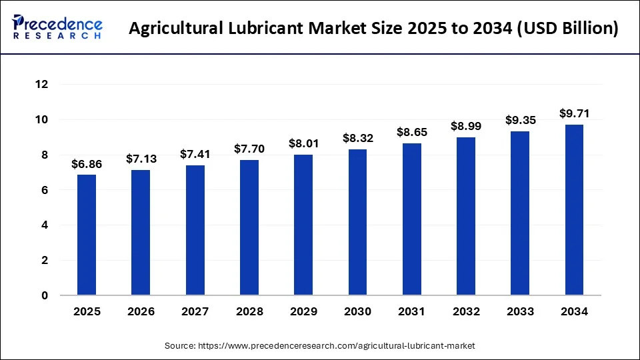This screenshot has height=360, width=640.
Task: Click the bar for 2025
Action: pos(87,235)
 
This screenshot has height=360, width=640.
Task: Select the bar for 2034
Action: pos(574,210)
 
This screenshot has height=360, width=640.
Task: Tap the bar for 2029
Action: pos(303,225)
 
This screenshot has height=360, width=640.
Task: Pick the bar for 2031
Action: pos(411,219)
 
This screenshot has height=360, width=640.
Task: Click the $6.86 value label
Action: pos(87,164)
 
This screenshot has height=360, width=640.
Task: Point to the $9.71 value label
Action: pos(574,113)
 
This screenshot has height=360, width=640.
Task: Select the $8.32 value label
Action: pos(357,138)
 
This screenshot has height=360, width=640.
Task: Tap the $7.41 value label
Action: pos(195,154)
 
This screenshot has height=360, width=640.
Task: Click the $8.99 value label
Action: pos(466,126)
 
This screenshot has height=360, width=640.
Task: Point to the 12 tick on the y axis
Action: pos(42,85)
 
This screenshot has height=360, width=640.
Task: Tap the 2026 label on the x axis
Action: pos(141,311)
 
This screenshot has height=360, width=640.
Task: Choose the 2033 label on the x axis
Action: pos(520,311)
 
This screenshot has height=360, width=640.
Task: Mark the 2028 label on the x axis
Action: pos(249,311)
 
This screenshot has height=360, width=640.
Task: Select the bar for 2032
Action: pos(466,216)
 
